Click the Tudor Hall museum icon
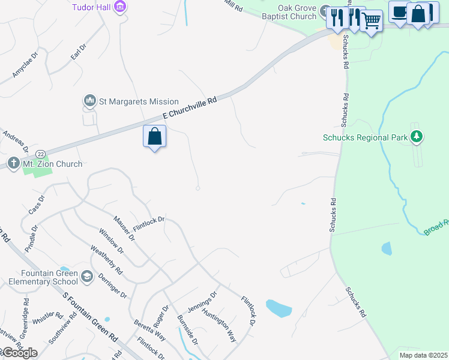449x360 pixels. (x=121, y=7)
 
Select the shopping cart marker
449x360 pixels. (x=372, y=22)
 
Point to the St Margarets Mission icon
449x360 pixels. (x=90, y=101)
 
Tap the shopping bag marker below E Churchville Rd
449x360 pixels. (x=155, y=136)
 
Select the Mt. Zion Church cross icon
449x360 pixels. (x=13, y=163)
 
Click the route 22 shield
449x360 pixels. (x=40, y=154)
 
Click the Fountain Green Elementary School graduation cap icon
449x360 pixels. (x=87, y=276)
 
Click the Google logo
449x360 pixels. (x=19, y=353)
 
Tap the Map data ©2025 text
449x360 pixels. (x=423, y=355)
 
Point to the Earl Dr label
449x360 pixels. (x=79, y=52)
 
